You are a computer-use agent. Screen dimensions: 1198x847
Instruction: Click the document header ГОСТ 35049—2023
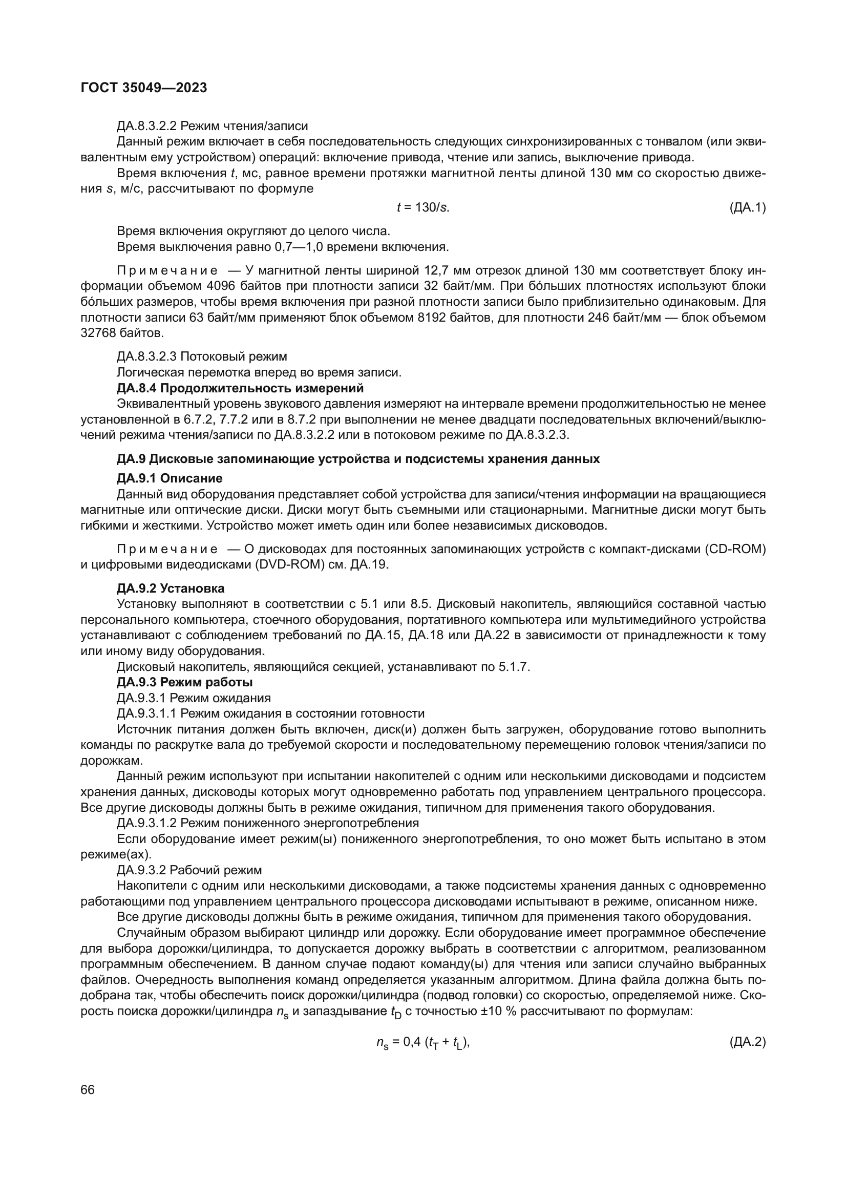[144, 88]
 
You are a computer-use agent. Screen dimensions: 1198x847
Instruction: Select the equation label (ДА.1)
[747, 207]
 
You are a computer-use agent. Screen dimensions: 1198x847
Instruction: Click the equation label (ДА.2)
[747, 1042]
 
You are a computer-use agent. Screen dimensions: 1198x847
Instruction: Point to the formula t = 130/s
[423, 207]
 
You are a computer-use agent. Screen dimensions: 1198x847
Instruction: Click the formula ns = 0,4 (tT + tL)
[423, 1042]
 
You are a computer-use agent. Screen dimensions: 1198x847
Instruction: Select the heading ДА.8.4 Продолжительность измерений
[240, 388]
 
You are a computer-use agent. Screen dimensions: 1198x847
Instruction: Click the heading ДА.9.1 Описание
[170, 478]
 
